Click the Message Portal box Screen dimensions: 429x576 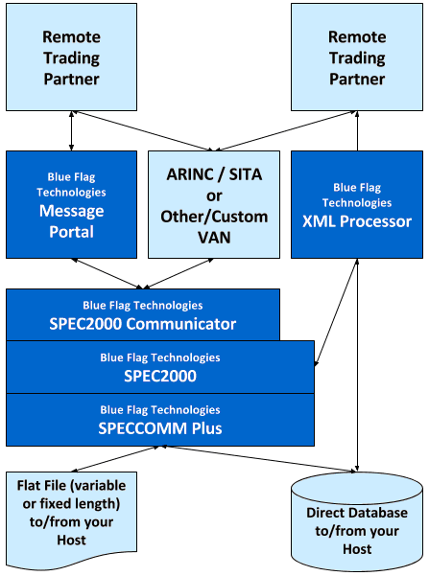[x=71, y=204]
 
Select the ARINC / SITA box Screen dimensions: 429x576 [x=214, y=204]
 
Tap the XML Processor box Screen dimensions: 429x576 [x=357, y=204]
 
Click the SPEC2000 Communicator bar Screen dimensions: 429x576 [x=143, y=314]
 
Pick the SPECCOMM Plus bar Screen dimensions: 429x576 [x=160, y=420]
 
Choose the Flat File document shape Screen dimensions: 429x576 [x=71, y=518]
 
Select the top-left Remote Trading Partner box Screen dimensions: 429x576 [x=71, y=57]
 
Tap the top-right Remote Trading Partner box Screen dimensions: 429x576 [x=357, y=57]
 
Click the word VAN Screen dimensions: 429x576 [x=214, y=238]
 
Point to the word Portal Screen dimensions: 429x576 [x=71, y=232]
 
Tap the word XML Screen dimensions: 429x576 [x=320, y=221]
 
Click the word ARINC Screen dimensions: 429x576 [x=190, y=174]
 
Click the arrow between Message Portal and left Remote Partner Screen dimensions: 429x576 [x=71, y=130]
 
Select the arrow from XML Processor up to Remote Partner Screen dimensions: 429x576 [x=357, y=130]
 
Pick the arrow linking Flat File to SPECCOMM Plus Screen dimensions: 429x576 [x=115, y=459]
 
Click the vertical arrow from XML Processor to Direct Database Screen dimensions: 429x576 [x=357, y=365]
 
